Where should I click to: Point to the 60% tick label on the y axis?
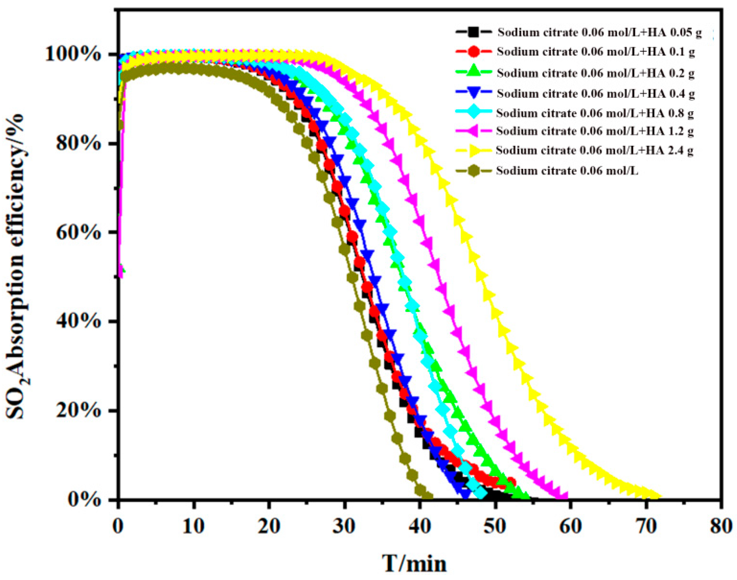pyautogui.click(x=78, y=233)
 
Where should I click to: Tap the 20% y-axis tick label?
pyautogui.click(x=78, y=410)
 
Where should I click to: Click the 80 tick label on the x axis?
pyautogui.click(x=720, y=526)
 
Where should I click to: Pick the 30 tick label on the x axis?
pyautogui.click(x=344, y=526)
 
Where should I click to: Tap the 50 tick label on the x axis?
pyautogui.click(x=495, y=526)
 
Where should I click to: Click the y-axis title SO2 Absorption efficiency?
pyautogui.click(x=16, y=266)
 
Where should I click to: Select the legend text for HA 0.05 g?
pyautogui.click(x=599, y=32)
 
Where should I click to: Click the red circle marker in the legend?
pyautogui.click(x=474, y=52)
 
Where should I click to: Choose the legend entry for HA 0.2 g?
pyautogui.click(x=595, y=73)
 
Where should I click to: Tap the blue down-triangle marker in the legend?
pyautogui.click(x=474, y=94)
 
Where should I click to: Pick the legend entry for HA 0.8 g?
pyautogui.click(x=595, y=113)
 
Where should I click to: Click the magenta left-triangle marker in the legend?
pyautogui.click(x=473, y=131)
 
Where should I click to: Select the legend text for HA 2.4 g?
pyautogui.click(x=594, y=150)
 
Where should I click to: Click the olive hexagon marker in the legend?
pyautogui.click(x=474, y=171)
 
